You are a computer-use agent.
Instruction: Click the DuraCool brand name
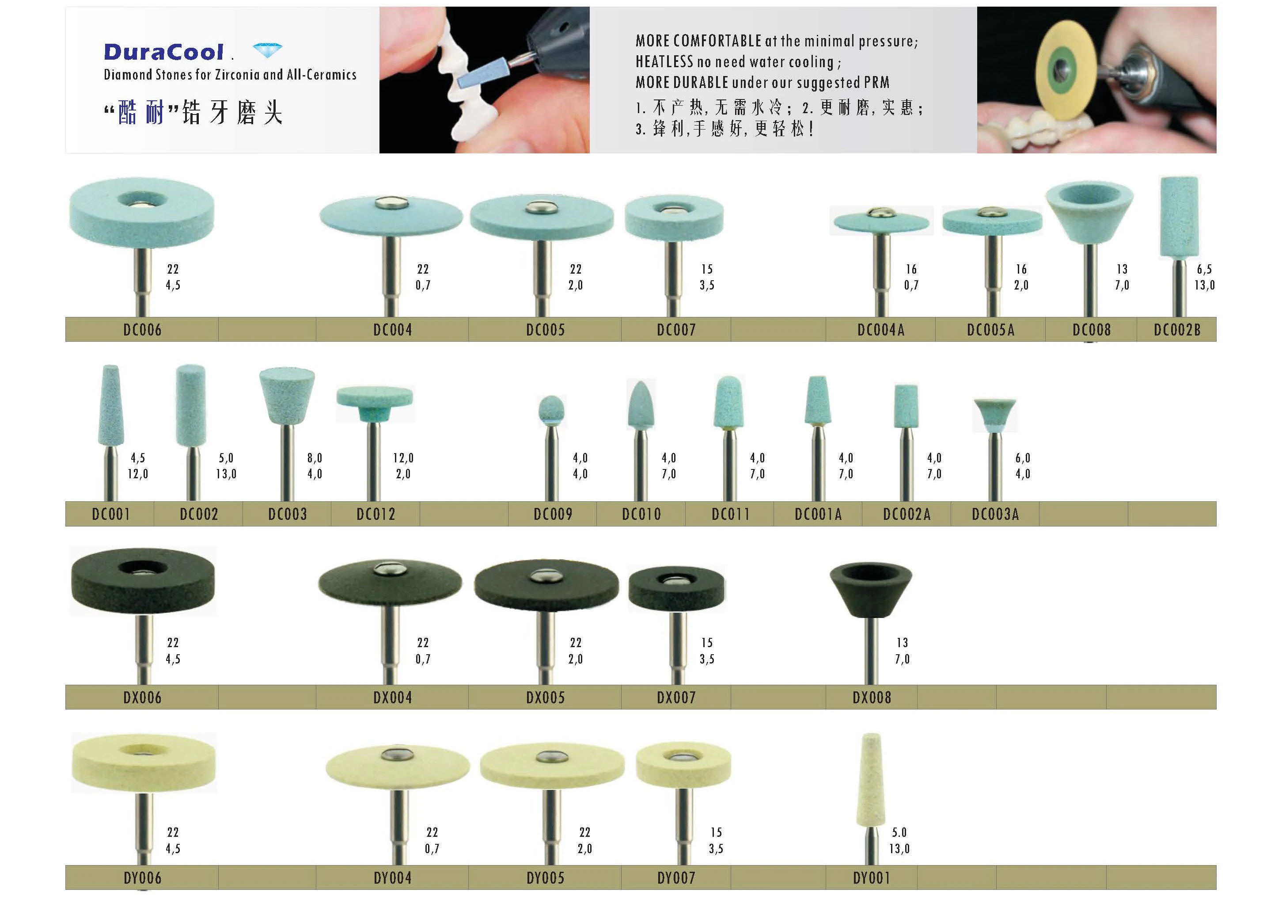click(x=163, y=52)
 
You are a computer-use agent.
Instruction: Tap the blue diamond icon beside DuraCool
click(x=267, y=50)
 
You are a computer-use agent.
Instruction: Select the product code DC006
click(x=142, y=330)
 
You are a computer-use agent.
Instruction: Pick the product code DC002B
click(x=1177, y=330)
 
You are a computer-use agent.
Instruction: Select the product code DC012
click(x=376, y=514)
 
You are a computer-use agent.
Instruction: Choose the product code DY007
click(x=676, y=878)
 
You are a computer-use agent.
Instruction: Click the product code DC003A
click(x=995, y=514)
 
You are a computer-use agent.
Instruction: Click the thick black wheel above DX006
click(x=143, y=580)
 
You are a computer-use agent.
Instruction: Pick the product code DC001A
click(x=818, y=514)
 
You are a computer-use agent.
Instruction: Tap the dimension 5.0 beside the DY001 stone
click(x=899, y=832)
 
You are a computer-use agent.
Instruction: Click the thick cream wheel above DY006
click(x=144, y=762)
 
